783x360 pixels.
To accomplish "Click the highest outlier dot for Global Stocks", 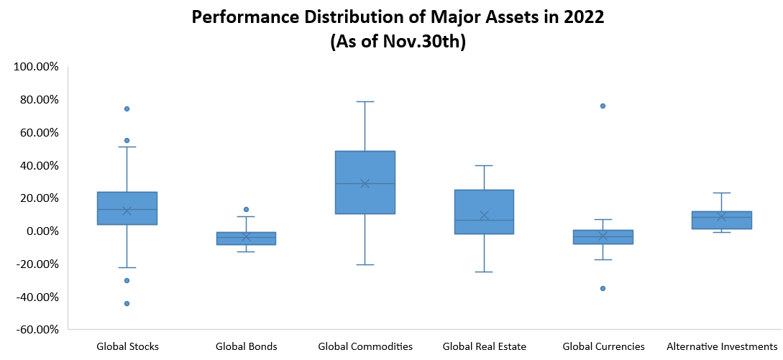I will [127, 109].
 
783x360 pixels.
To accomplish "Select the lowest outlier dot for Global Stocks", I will [127, 303].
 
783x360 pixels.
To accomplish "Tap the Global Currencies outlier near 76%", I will [603, 106].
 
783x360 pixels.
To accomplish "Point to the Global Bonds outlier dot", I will [246, 209].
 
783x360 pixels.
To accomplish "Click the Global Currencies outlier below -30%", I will [603, 288].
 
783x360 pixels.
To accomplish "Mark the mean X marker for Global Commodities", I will [365, 183].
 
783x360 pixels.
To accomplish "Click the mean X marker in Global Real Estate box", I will [484, 216].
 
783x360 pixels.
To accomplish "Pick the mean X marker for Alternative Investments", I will [721, 216].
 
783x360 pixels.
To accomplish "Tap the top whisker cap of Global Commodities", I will [365, 101].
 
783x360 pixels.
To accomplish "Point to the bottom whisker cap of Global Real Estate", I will [484, 272].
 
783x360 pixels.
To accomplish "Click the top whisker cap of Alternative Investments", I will [721, 193].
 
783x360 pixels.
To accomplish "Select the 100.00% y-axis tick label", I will [36, 67].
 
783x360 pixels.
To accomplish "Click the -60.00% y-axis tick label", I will [36, 330].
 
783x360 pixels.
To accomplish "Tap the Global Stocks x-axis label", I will [127, 346].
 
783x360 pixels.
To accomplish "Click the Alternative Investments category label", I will [722, 346].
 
